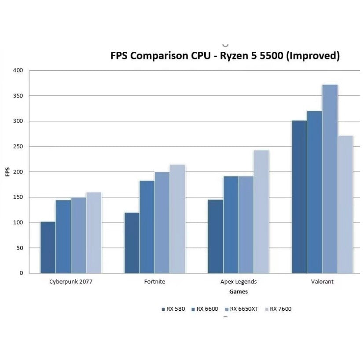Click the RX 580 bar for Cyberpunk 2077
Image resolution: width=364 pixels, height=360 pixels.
pyautogui.click(x=48, y=247)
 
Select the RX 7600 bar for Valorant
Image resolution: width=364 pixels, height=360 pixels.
pyautogui.click(x=346, y=204)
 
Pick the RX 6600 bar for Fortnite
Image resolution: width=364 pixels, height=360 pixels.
pyautogui.click(x=147, y=227)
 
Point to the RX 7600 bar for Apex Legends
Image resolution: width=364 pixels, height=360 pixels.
pyautogui.click(x=261, y=211)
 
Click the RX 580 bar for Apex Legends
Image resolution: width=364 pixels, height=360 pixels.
pyautogui.click(x=215, y=236)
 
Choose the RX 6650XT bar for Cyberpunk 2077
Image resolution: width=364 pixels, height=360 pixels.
pyautogui.click(x=78, y=235)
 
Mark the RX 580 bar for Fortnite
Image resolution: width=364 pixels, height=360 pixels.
pyautogui.click(x=132, y=243)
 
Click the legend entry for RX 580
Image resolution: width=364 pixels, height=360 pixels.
pyautogui.click(x=173, y=309)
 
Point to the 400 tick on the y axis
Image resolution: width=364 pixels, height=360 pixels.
pyautogui.click(x=18, y=70)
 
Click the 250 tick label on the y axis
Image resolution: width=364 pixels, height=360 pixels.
pyautogui.click(x=18, y=146)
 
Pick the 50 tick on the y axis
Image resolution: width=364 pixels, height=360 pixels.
pyautogui.click(x=19, y=248)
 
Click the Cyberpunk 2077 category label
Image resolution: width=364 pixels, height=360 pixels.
pyautogui.click(x=71, y=282)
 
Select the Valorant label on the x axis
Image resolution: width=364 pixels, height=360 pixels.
pyautogui.click(x=322, y=282)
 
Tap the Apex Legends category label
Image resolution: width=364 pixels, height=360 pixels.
pyautogui.click(x=238, y=282)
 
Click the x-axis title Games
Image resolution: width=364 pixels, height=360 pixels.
pyautogui.click(x=238, y=291)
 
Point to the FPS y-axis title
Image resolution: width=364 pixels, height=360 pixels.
pyautogui.click(x=7, y=171)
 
